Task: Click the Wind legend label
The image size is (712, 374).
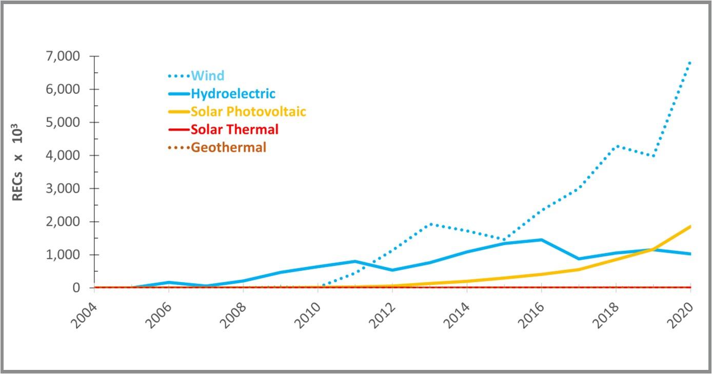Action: click(208, 76)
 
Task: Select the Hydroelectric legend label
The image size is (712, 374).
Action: click(233, 94)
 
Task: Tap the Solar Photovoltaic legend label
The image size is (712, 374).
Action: click(248, 112)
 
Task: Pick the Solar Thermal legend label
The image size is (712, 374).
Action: click(234, 129)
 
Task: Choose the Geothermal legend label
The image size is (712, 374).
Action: click(228, 147)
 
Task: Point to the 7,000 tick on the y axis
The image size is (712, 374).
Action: click(66, 56)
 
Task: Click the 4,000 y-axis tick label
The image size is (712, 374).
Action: click(66, 155)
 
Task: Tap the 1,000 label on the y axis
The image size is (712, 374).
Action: click(66, 255)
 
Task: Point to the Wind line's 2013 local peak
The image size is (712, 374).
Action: click(430, 224)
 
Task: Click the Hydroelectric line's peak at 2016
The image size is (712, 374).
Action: click(542, 240)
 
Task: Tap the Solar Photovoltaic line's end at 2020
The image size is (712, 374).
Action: click(690, 226)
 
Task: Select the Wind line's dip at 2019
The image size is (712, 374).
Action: click(654, 156)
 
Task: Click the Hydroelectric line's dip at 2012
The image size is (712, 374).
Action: click(392, 270)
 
